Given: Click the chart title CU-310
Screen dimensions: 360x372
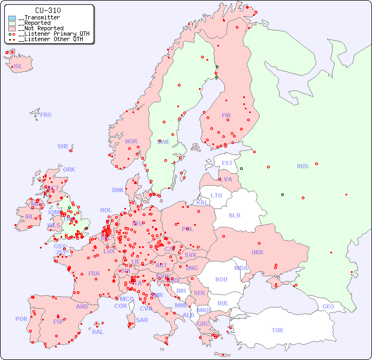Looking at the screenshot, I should coord(48,10).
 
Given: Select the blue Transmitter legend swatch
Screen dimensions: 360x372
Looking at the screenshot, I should coord(12,18).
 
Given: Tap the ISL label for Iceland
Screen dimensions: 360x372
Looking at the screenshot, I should coord(18,67).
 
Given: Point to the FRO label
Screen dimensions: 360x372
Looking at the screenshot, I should coord(46,115).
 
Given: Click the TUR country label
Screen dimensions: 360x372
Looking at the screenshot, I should coord(277,330).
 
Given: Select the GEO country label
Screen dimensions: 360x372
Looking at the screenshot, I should coord(328,306).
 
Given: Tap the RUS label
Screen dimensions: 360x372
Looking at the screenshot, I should coord(302,166).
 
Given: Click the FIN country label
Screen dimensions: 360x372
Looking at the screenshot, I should coord(226,115).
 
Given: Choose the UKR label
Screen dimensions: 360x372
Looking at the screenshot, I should coord(257,252).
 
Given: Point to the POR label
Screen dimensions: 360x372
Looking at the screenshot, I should coord(21,319).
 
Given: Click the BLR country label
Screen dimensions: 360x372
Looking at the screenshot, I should coord(234,215).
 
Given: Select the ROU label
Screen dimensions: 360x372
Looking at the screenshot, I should coord(221,279).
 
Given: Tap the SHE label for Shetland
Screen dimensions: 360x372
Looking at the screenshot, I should coord(63,146).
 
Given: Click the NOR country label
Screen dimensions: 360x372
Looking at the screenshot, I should coord(131,141).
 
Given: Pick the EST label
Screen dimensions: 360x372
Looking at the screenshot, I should coord(227,163).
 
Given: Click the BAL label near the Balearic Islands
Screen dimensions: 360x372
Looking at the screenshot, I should coord(98,332).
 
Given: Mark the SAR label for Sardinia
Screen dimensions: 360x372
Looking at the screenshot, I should coord(142,320).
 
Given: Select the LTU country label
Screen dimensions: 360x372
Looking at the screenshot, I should coord(216,195).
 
